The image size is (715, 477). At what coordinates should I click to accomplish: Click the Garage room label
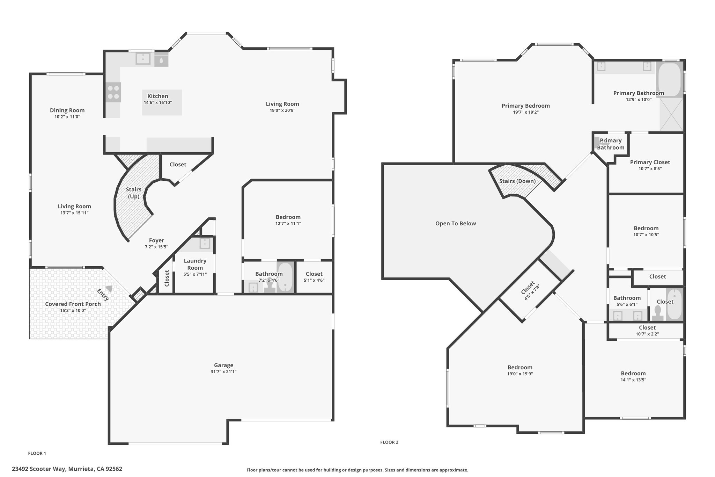coord(223,365)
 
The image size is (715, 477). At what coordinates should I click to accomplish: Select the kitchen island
coord(162,102)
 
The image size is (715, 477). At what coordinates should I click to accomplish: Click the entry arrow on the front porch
coord(109,289)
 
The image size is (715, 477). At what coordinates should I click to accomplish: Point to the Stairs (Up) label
coord(134,193)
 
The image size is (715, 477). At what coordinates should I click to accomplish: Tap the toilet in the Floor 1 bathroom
coord(270,288)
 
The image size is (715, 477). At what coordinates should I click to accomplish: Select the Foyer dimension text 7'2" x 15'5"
coord(156,247)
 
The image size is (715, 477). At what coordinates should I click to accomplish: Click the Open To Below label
coord(456,224)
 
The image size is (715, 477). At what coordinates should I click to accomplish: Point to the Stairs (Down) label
coord(517,181)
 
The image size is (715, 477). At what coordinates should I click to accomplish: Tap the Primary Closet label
coord(650,162)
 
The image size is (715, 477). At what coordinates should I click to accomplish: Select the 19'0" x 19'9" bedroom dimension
coord(520,374)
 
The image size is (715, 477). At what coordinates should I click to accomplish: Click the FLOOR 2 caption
coord(389,442)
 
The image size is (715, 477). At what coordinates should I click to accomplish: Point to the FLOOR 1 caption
coord(37,453)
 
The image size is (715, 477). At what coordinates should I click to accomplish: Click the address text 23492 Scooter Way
coord(39,469)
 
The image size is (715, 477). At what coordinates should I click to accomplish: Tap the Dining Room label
coord(67,110)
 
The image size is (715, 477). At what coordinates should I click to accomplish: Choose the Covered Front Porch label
coord(73,304)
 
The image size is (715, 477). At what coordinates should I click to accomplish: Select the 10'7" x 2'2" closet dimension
coord(647,334)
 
